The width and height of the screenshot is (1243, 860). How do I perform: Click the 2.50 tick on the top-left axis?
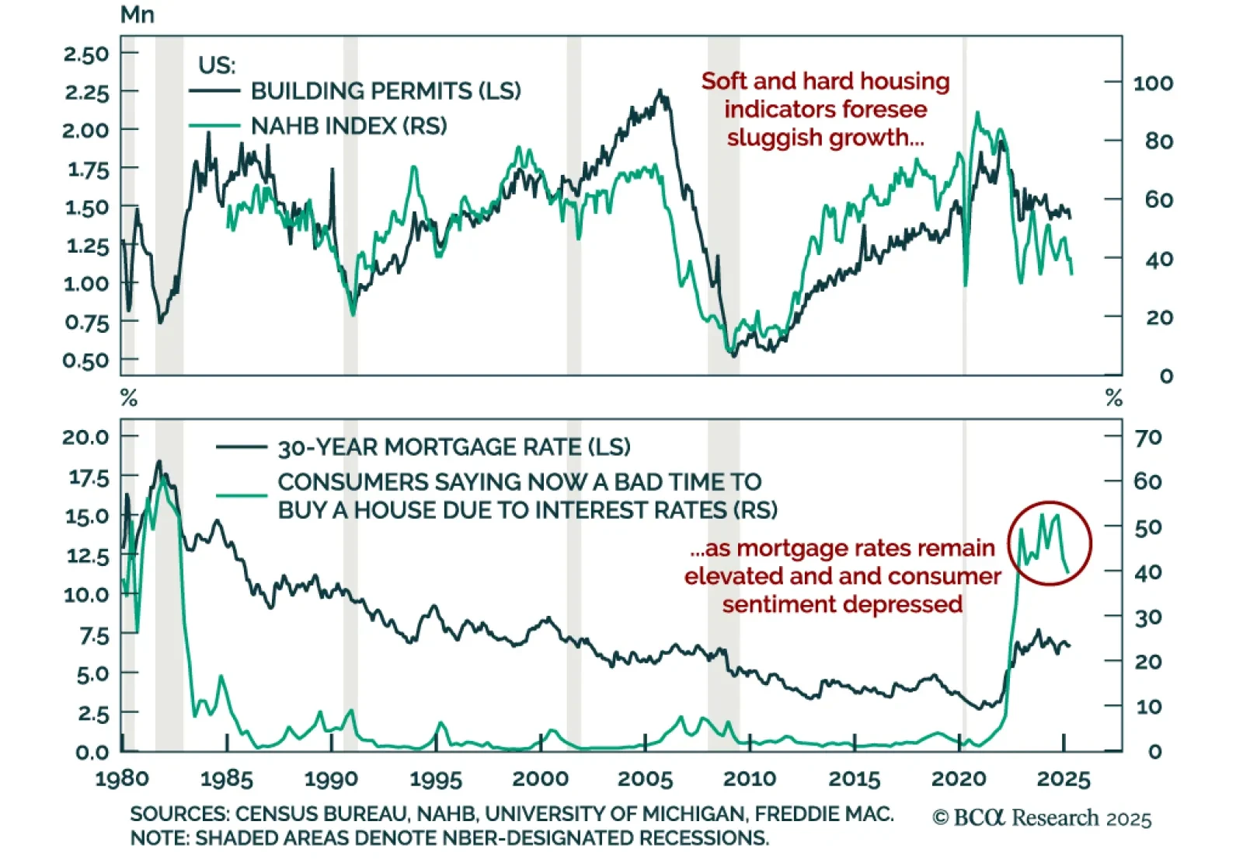[87, 54]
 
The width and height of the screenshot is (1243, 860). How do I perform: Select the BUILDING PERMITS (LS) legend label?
[385, 91]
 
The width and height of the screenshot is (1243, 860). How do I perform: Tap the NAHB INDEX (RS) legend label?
[349, 126]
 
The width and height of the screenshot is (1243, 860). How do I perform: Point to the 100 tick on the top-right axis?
[1153, 83]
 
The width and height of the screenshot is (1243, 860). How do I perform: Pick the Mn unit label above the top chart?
[138, 15]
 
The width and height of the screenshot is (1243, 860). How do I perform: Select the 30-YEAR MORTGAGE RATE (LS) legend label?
[454, 447]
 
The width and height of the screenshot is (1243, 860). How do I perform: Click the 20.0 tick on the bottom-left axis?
[86, 437]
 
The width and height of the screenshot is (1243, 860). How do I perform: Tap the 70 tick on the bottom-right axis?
[1148, 437]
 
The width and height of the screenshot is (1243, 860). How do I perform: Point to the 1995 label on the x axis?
[436, 778]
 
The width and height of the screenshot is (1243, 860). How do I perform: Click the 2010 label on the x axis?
[750, 778]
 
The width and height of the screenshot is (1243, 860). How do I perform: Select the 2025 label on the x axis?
[1064, 778]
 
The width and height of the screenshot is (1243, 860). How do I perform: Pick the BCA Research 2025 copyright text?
[1042, 818]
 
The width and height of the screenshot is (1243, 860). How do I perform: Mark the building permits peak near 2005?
[660, 91]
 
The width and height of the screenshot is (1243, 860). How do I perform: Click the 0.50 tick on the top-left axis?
[87, 361]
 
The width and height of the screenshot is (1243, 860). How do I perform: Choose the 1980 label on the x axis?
[122, 778]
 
